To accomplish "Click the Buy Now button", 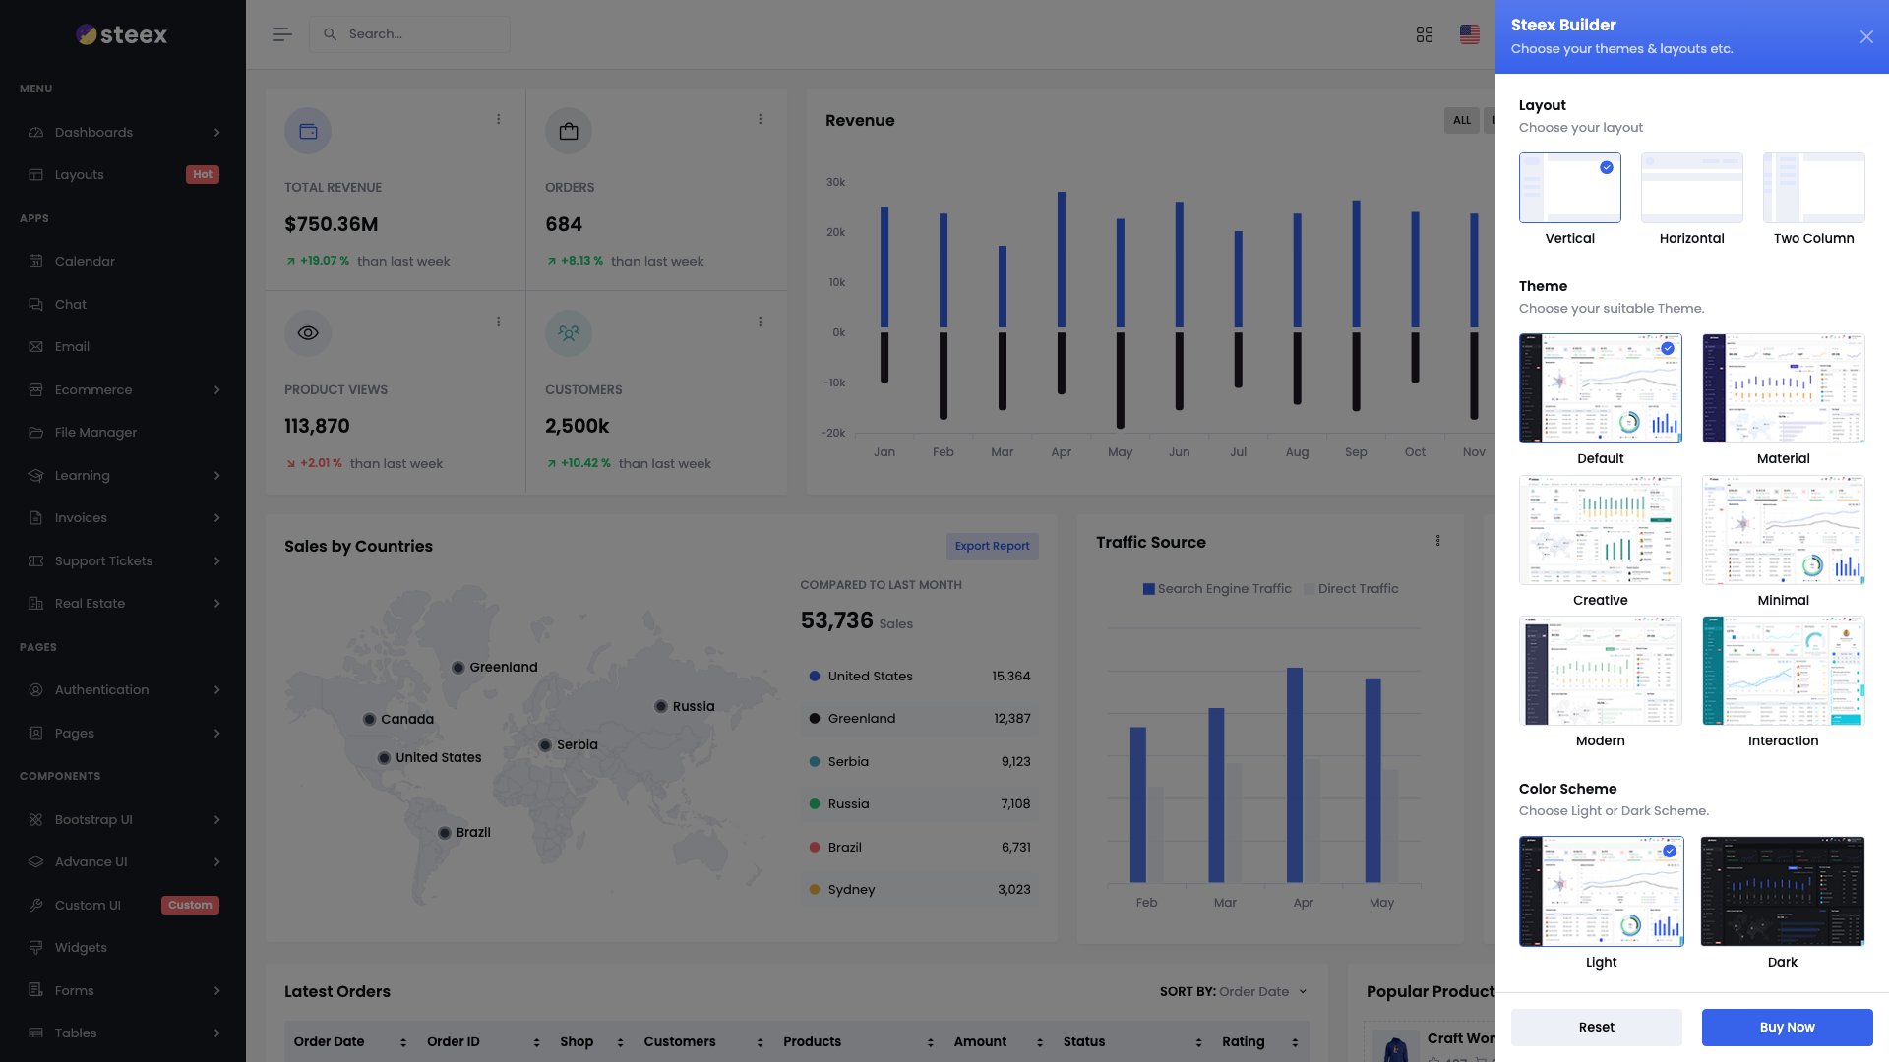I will (x=1787, y=1027).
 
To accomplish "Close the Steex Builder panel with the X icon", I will (x=1866, y=37).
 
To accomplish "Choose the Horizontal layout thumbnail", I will (x=1691, y=188).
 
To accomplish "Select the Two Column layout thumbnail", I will (x=1813, y=188).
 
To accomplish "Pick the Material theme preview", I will (x=1783, y=388).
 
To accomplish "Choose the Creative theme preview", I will (x=1600, y=530).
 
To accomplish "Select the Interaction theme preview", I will (x=1783, y=671).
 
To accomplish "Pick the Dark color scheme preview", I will (x=1782, y=892).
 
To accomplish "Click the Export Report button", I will (x=992, y=546).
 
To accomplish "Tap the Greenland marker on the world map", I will (x=457, y=668).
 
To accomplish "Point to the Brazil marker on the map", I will (x=445, y=833).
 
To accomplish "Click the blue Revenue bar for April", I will (x=1061, y=261).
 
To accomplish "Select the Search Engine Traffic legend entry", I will (x=1217, y=589).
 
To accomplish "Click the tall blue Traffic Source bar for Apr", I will (x=1294, y=775).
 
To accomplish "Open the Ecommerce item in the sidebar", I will (x=93, y=390).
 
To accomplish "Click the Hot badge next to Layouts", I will (x=203, y=175).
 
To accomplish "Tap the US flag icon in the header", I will (x=1469, y=34).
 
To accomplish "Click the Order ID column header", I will (x=454, y=1041).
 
